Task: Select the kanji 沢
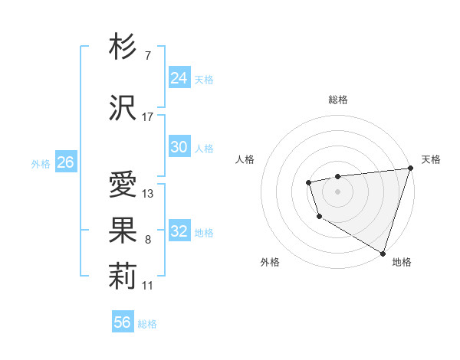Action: pyautogui.click(x=123, y=107)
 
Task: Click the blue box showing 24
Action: pyautogui.click(x=179, y=77)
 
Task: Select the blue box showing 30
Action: pyautogui.click(x=179, y=147)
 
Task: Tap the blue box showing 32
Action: pyautogui.click(x=179, y=231)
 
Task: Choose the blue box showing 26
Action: pyautogui.click(x=65, y=162)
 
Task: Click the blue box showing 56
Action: pyautogui.click(x=123, y=322)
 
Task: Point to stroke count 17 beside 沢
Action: pyautogui.click(x=148, y=117)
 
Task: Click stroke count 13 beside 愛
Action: pyautogui.click(x=148, y=194)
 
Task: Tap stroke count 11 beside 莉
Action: pyautogui.click(x=148, y=286)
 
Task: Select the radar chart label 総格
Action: pyautogui.click(x=338, y=100)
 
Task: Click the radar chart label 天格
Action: pyautogui.click(x=431, y=159)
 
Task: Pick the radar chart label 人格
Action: pyautogui.click(x=245, y=159)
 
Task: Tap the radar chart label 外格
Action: pyautogui.click(x=270, y=262)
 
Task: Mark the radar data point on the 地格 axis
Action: pyautogui.click(x=383, y=252)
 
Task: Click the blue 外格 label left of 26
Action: pyautogui.click(x=41, y=164)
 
